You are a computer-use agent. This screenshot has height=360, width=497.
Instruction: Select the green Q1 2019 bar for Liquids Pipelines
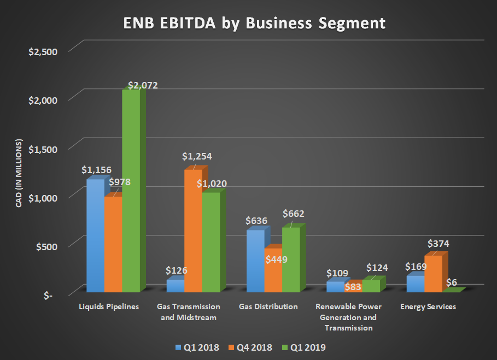131,191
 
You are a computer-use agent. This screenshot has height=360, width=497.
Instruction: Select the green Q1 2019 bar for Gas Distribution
291,260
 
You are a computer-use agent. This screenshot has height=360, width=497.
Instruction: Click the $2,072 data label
143,86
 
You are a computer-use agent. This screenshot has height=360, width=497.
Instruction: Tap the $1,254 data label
197,156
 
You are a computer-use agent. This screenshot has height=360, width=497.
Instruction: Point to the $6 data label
452,282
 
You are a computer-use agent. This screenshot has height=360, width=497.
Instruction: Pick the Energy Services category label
428,307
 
